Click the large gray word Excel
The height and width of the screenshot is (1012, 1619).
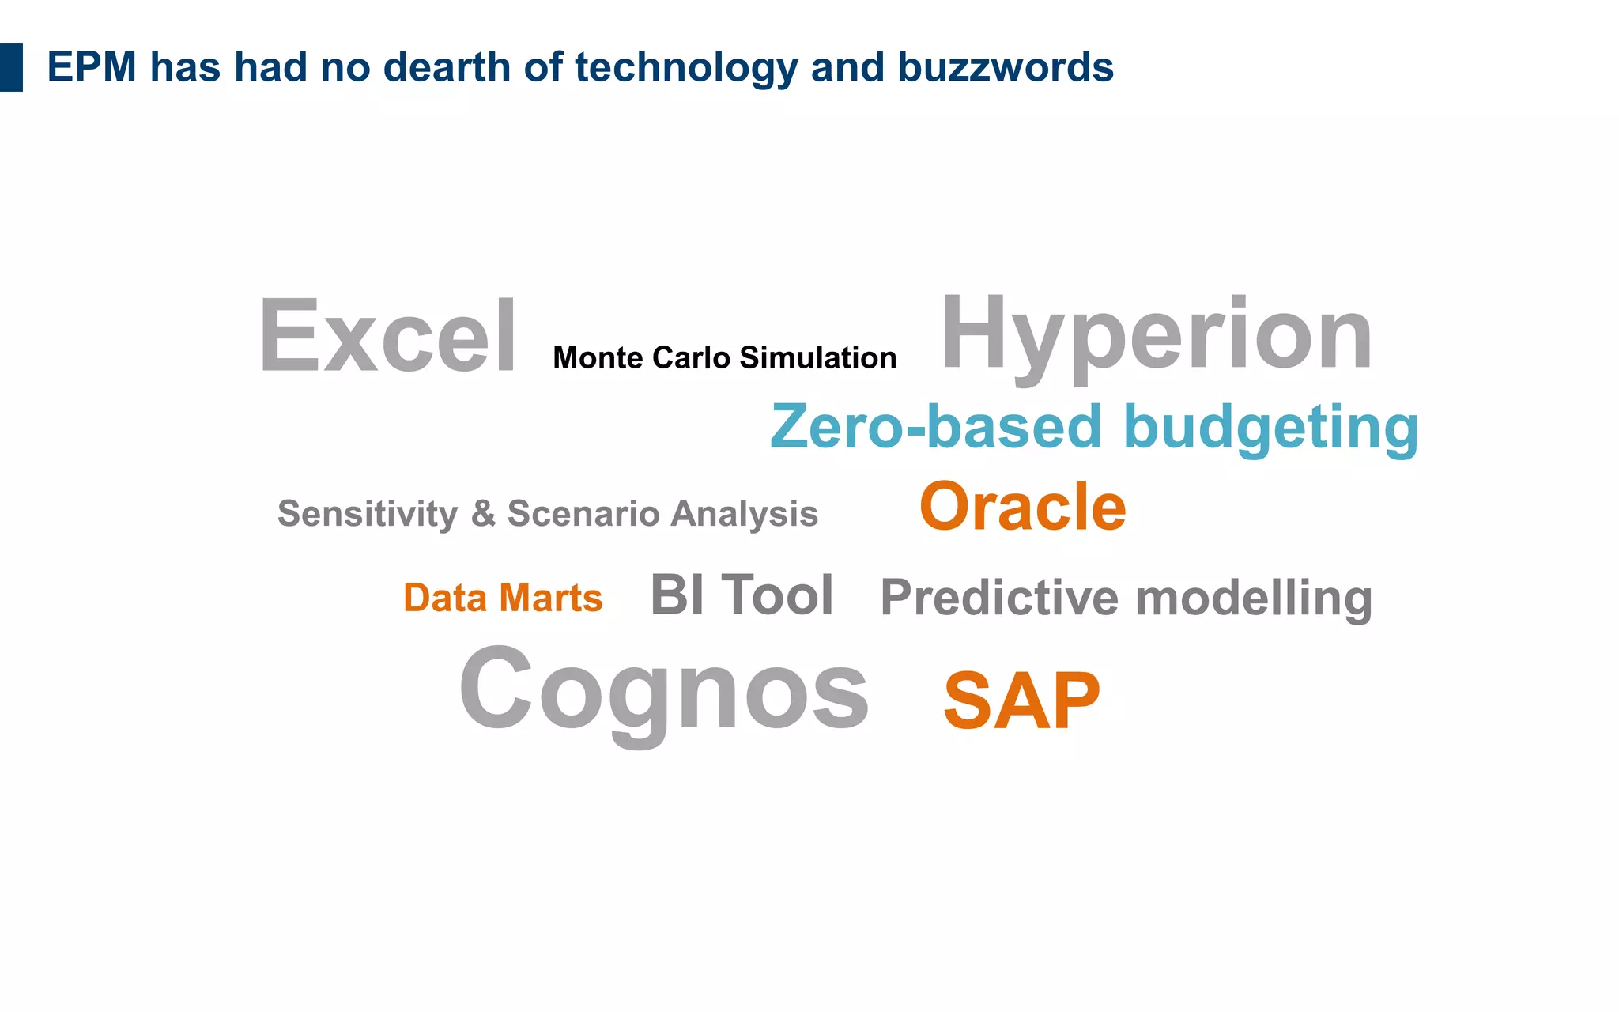click(387, 336)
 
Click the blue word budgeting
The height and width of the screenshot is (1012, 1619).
click(1270, 429)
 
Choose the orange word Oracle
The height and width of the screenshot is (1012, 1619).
click(1023, 507)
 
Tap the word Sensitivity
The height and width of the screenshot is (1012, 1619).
click(368, 515)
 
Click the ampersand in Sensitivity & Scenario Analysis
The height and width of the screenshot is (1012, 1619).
click(483, 514)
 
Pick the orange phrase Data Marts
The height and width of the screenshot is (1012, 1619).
click(503, 598)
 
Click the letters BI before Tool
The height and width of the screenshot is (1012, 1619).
click(677, 595)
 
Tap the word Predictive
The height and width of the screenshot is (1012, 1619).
click(999, 598)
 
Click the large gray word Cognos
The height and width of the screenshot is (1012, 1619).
click(664, 689)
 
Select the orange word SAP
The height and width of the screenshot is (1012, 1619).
click(1021, 700)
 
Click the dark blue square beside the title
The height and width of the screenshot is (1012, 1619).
click(11, 67)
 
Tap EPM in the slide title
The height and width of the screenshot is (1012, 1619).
click(92, 67)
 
